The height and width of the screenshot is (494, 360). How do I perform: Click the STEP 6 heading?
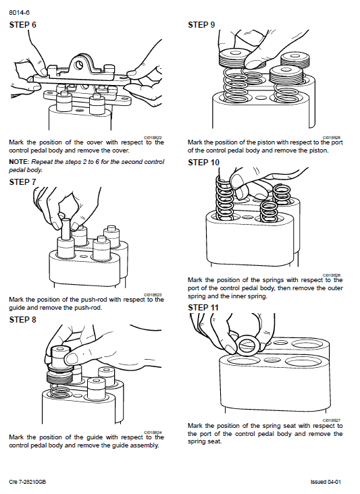[x=23, y=25]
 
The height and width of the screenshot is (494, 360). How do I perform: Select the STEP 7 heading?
[x=23, y=182]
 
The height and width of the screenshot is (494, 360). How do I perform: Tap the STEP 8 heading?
[x=23, y=320]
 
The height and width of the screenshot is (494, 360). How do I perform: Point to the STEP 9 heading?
[x=201, y=25]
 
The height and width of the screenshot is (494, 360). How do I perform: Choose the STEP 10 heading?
[x=203, y=163]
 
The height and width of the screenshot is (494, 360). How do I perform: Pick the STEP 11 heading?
[x=203, y=307]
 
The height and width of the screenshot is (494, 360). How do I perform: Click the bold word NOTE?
[x=18, y=163]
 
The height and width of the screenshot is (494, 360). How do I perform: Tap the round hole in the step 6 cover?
[x=80, y=65]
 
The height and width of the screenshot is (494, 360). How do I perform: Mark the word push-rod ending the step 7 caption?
[x=88, y=308]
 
